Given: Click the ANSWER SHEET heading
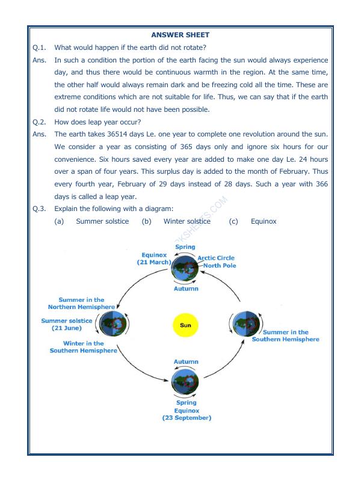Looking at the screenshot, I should (180, 35).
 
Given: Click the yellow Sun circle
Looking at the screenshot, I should (185, 325).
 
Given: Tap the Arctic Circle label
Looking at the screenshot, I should (216, 258).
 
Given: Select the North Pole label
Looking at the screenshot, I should (220, 265).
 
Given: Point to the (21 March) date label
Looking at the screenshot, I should (154, 262).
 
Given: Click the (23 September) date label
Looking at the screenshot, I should (186, 418).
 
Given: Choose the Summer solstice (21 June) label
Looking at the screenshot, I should (67, 325).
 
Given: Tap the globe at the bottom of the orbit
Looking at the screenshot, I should (185, 381).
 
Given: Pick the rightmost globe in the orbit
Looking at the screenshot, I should (244, 325).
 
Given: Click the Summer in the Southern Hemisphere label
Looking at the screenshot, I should (285, 335).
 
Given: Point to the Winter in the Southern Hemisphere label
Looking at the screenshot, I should (84, 347).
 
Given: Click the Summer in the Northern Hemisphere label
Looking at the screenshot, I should (81, 303).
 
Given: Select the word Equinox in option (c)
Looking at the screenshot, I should (264, 221).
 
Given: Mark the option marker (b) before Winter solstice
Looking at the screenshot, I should (146, 221).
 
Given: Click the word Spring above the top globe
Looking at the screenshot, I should (185, 247).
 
